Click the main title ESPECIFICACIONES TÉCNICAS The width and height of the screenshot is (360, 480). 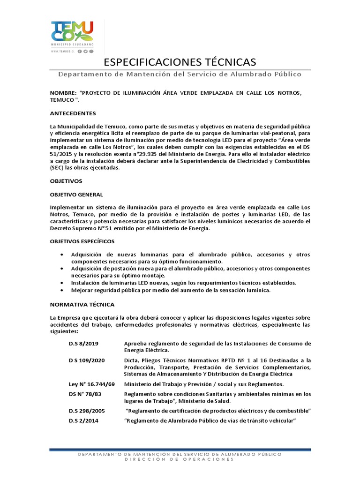pos(180,62)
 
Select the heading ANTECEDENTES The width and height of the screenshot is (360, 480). pos(73,113)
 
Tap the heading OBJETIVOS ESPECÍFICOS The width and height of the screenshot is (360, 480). pos(82,241)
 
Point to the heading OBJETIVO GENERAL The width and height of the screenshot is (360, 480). pos(76,194)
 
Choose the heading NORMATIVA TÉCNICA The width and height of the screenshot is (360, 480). pos(82,305)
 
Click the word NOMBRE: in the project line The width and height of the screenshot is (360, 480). pos(63,93)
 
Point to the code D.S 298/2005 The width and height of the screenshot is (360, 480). pos(87,411)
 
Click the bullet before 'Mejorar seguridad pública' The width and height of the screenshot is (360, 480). pos(62,291)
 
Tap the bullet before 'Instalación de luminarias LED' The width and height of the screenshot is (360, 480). pos(62,283)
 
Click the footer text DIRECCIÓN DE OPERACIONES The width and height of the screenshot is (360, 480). pos(180,459)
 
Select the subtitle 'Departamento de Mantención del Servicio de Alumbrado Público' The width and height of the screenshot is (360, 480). pos(180,74)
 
